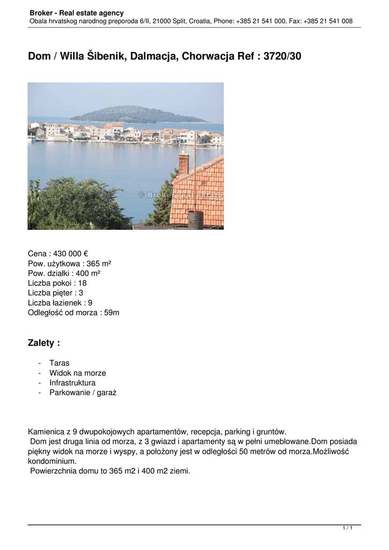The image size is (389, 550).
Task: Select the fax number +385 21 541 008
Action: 328,21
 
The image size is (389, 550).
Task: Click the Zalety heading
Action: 43,343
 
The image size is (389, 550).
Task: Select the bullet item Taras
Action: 59,363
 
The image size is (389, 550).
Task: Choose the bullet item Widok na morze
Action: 77,373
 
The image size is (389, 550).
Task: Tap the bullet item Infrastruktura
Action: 72,383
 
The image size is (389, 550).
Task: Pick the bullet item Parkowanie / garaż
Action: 83,393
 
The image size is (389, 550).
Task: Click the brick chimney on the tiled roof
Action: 184,163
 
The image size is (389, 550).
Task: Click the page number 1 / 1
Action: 348,529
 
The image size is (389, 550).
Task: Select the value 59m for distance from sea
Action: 112,312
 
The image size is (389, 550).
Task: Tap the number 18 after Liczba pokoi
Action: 82,283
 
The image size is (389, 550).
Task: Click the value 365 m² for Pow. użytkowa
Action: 99,263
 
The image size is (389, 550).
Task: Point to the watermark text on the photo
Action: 180,195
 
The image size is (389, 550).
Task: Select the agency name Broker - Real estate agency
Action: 77,13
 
